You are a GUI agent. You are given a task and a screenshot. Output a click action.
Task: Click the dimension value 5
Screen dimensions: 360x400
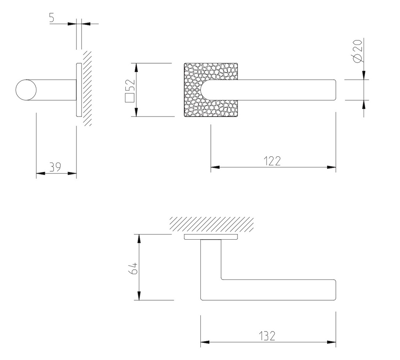tap(52, 18)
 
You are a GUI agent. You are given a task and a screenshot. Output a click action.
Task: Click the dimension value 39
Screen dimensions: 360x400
tap(55, 167)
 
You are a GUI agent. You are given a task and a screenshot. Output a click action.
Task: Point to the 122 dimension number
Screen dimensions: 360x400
tap(272, 161)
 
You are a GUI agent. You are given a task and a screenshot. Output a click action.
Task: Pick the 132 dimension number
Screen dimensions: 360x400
tap(267, 336)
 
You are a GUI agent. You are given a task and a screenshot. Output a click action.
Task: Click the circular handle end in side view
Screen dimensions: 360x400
tap(25, 90)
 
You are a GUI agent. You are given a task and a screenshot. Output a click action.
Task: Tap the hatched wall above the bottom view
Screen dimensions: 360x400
tap(211, 224)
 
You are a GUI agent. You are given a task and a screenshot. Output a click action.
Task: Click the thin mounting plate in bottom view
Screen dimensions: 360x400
tap(211, 237)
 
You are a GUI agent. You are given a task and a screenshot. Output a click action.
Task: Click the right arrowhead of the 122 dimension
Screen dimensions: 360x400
tap(332, 167)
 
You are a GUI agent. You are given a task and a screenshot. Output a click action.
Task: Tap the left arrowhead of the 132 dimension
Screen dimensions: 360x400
tap(205, 342)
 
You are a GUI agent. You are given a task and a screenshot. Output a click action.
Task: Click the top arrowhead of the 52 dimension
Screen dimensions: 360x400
tap(136, 68)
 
